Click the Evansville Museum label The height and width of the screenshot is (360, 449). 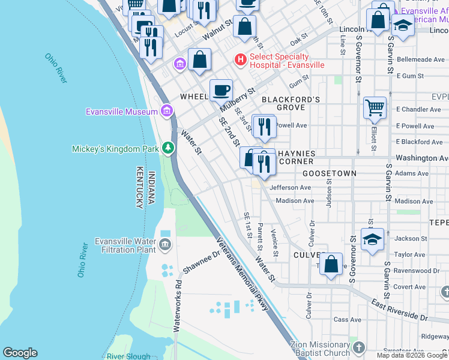(x=121, y=111)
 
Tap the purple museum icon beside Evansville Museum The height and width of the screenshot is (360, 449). (x=167, y=111)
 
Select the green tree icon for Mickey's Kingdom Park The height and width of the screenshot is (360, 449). (x=169, y=148)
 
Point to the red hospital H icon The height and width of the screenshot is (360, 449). (x=240, y=59)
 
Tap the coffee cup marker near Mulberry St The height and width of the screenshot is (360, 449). (x=221, y=90)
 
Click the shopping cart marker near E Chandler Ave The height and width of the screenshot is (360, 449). (x=375, y=108)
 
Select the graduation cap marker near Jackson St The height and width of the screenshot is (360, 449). (x=372, y=239)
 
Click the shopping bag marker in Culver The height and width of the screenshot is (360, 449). (x=331, y=263)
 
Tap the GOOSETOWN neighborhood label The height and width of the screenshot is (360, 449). (x=329, y=173)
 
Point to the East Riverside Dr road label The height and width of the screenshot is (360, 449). (x=399, y=309)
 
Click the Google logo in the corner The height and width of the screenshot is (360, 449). (x=20, y=353)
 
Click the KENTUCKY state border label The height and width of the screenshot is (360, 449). (x=139, y=187)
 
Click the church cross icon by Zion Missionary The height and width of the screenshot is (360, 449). (x=358, y=347)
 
